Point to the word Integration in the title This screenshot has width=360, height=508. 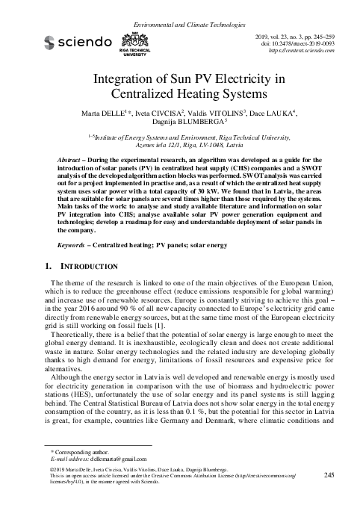click(x=131, y=79)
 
